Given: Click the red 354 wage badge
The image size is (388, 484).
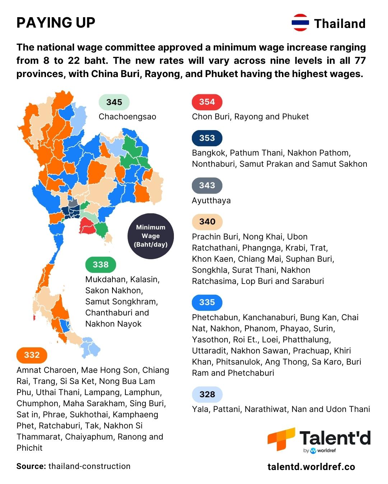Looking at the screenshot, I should pyautogui.click(x=207, y=102).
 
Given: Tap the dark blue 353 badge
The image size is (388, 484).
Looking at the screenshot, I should pyautogui.click(x=207, y=138).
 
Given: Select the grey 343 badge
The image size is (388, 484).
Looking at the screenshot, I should pyautogui.click(x=207, y=186).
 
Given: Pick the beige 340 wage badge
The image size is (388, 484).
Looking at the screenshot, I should pyautogui.click(x=207, y=222).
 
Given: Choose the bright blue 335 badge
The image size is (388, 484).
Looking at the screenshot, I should pyautogui.click(x=207, y=303).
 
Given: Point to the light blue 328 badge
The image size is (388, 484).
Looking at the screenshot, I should pyautogui.click(x=207, y=395).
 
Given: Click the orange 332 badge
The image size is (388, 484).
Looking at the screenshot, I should pyautogui.click(x=32, y=355).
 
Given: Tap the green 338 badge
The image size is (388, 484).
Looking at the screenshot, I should pyautogui.click(x=101, y=265).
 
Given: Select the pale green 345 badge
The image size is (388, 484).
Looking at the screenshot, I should pyautogui.click(x=114, y=103).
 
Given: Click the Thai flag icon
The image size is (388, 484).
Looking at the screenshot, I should pyautogui.click(x=300, y=23).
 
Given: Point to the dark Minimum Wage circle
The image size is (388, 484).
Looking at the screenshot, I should pyautogui.click(x=151, y=236).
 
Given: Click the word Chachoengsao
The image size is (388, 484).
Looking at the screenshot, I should pyautogui.click(x=127, y=117).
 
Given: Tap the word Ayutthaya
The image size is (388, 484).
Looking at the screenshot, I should pyautogui.click(x=211, y=201).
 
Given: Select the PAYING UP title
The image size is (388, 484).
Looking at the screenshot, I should pyautogui.click(x=56, y=23).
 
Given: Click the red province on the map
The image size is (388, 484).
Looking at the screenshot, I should pyautogui.click(x=87, y=226).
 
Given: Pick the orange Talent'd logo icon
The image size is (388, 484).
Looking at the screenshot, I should pyautogui.click(x=281, y=438).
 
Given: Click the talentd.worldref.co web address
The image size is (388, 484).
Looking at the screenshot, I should pyautogui.click(x=311, y=467).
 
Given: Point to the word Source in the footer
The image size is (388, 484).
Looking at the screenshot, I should pyautogui.click(x=31, y=466).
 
